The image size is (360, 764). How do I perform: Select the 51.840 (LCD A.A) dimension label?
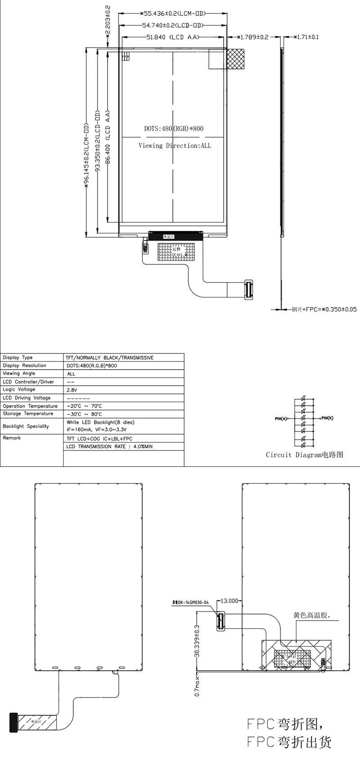pyautogui.click(x=172, y=37)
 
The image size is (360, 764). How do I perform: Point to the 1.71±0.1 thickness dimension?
pyautogui.click(x=306, y=37)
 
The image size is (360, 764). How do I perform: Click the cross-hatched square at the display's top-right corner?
pyautogui.click(x=235, y=59)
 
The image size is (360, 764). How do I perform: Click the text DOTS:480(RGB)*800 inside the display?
pyautogui.click(x=173, y=129)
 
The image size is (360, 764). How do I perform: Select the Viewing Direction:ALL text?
pyautogui.click(x=175, y=146)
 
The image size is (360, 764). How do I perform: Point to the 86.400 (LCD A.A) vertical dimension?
pyautogui.click(x=108, y=138)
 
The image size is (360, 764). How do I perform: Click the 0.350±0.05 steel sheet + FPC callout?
pyautogui.click(x=324, y=309)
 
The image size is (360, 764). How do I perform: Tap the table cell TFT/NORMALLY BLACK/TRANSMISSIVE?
pyautogui.click(x=110, y=358)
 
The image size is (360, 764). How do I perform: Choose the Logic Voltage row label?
pyautogui.click(x=19, y=390)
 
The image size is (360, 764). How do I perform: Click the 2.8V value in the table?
pyautogui.click(x=72, y=390)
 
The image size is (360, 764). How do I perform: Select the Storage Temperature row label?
pyautogui.click(x=28, y=414)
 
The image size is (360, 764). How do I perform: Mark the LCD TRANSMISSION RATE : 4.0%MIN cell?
pyautogui.click(x=110, y=447)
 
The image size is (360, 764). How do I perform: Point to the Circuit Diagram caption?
pyautogui.click(x=305, y=455)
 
